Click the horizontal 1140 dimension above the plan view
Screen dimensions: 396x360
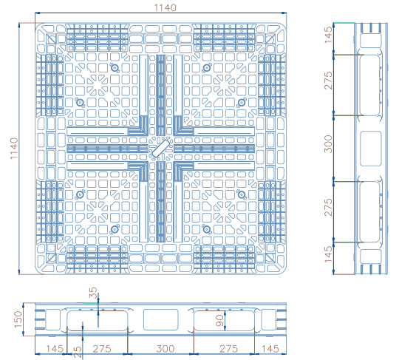tap(165, 8)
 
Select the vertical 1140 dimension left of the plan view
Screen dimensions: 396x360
tap(14, 149)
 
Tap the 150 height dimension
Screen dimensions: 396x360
tap(18, 319)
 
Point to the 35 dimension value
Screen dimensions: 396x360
tap(93, 293)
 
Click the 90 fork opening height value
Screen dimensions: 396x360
tap(219, 320)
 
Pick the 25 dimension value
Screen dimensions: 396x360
tap(78, 352)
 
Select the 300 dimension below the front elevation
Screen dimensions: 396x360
tap(165, 349)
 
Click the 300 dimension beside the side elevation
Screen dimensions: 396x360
tap(328, 143)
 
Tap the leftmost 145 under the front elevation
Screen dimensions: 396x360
tap(55, 349)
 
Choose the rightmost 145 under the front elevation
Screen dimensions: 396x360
tap(270, 349)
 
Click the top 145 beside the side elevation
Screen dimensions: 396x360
tap(328, 35)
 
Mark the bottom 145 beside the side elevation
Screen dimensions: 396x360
tap(328, 254)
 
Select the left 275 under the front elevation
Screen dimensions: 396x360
tap(102, 349)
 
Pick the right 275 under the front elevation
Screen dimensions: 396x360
tap(228, 349)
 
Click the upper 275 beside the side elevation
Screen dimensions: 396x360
tap(328, 81)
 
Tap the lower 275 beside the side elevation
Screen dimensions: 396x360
tap(328, 207)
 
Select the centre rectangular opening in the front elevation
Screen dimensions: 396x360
tap(160, 319)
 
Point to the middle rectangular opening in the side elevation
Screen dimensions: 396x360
tap(370, 149)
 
